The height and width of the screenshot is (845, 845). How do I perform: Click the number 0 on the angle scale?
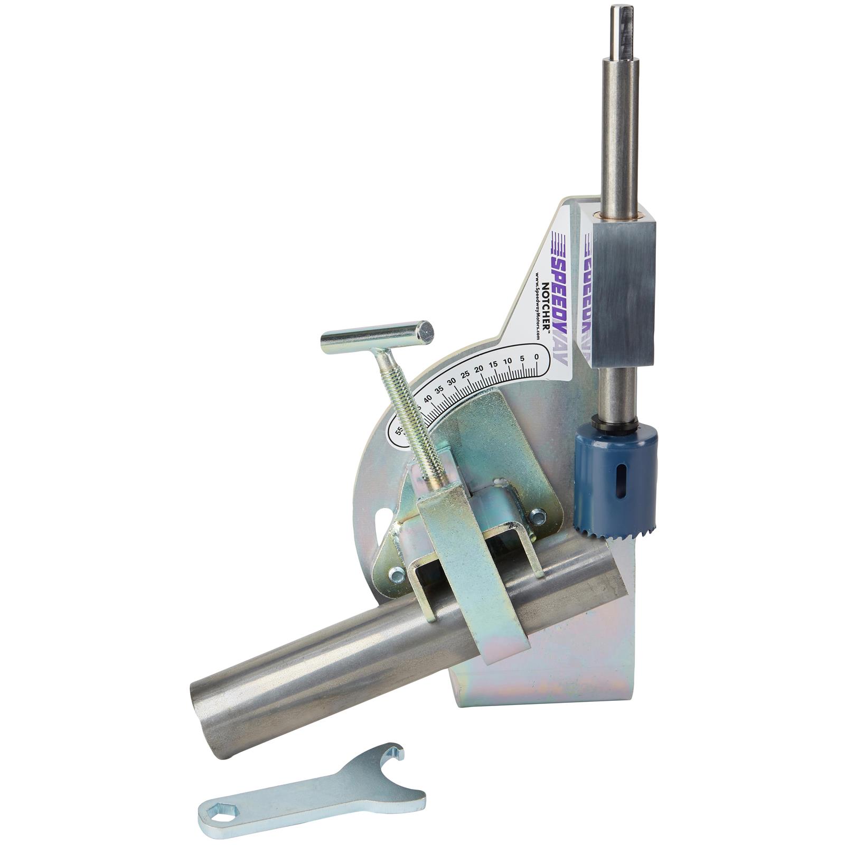[x=536, y=356]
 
